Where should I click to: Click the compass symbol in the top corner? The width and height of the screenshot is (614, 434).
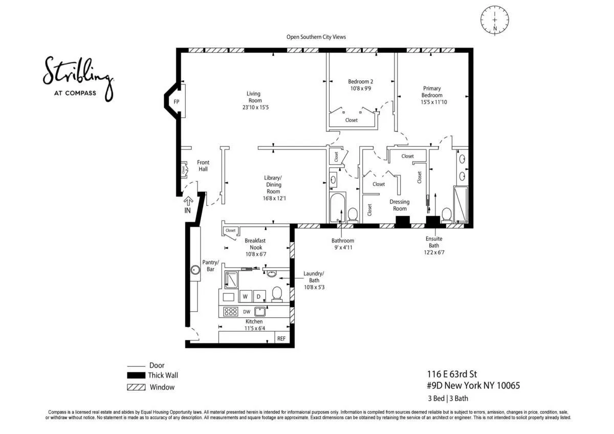click(494, 20)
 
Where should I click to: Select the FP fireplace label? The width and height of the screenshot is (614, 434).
click(177, 102)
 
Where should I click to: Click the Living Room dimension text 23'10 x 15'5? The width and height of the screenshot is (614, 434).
click(253, 107)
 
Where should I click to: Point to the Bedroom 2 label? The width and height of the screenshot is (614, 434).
click(360, 81)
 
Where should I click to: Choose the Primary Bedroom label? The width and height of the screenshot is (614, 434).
click(431, 92)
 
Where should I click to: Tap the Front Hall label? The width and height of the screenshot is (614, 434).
click(203, 166)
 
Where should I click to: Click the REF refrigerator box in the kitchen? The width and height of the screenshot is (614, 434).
click(281, 338)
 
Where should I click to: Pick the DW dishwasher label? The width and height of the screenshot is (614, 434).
click(247, 311)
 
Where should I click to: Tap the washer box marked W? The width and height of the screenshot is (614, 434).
click(245, 296)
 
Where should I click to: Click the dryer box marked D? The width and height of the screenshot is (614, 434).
click(258, 296)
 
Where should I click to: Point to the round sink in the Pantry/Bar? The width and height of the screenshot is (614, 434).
click(195, 270)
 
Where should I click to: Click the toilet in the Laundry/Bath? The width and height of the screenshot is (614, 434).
click(277, 293)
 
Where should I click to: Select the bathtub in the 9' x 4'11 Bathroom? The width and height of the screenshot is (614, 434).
click(337, 207)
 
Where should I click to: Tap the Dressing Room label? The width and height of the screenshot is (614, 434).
click(400, 205)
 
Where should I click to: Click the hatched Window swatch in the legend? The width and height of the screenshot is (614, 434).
click(136, 387)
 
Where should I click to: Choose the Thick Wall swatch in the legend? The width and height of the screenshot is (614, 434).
click(136, 376)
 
